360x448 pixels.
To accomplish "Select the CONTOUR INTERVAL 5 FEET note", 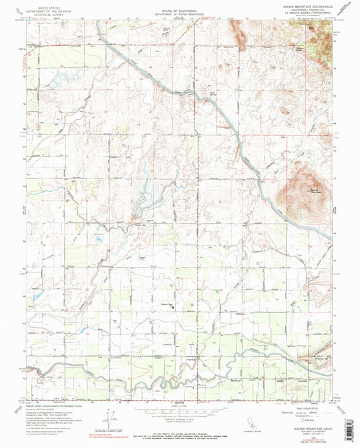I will pos(180,417).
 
